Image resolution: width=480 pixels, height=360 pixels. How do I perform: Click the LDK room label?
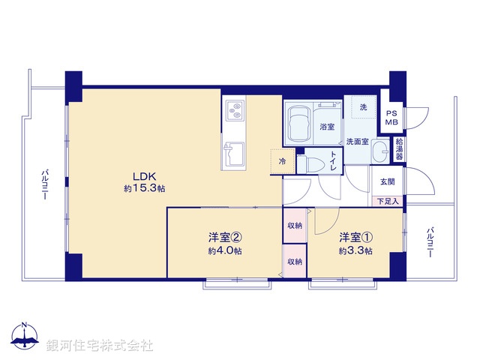(x=144, y=176)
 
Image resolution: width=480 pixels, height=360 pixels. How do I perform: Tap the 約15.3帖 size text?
(x=144, y=188)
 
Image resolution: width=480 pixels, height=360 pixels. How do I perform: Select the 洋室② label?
(x=224, y=238)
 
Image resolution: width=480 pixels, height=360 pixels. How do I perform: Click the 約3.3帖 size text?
(x=355, y=250)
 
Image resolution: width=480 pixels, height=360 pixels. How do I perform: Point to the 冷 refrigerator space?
(x=283, y=160)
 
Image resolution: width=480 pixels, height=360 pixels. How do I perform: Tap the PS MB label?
(x=391, y=116)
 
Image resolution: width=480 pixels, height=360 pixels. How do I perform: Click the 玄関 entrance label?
(x=387, y=181)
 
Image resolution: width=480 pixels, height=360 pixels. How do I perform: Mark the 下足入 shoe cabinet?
(x=388, y=201)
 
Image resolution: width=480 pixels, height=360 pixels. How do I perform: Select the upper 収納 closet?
(x=294, y=226)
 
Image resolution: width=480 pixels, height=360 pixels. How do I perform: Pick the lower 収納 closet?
(x=294, y=261)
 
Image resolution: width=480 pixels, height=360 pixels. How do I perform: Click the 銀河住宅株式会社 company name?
(x=100, y=346)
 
